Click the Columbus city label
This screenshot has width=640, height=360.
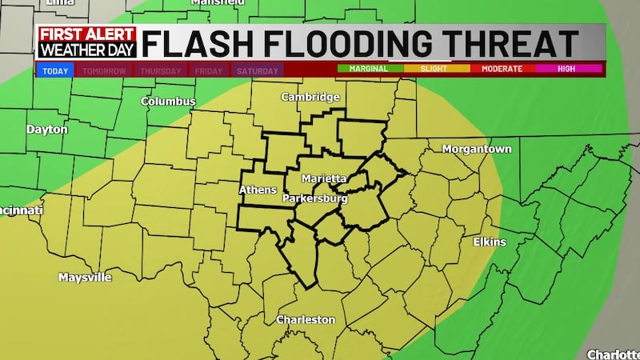(168, 102)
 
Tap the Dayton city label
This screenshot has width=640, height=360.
(46, 129)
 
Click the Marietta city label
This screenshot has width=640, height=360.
(324, 178)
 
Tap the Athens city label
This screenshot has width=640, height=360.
(258, 190)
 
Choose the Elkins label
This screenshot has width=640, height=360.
(489, 242)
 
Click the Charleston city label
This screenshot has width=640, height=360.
(306, 319)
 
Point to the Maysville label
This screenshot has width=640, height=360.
(85, 278)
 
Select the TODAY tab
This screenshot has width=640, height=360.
(55, 70)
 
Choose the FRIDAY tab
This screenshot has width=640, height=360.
(209, 70)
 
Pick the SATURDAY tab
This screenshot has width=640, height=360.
(258, 70)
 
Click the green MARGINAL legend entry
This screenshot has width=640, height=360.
(369, 69)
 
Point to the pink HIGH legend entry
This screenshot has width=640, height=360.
(566, 69)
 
